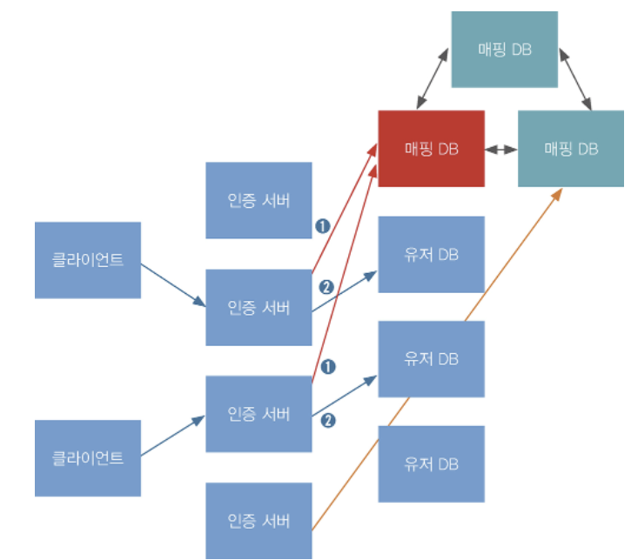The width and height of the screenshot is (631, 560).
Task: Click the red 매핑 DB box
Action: pos(431,149)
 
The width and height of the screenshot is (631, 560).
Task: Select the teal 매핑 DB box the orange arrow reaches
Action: pos(570,149)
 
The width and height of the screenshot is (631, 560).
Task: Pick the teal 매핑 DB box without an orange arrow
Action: pos(504,50)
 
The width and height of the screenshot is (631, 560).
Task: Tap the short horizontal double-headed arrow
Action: pos(500,150)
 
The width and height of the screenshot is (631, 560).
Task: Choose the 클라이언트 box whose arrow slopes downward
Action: pos(87,260)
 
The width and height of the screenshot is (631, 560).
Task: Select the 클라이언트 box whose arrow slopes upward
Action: pos(87,458)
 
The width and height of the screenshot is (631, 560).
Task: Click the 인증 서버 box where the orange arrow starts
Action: pos(258,521)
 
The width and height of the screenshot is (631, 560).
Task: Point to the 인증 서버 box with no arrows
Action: pos(258,200)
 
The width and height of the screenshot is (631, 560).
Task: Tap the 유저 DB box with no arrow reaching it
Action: pos(431,464)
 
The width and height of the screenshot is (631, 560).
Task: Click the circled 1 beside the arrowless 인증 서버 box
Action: pos(323,226)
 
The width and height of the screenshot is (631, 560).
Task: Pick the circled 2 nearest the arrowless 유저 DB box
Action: pos(328,421)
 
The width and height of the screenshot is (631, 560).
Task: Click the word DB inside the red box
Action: pos(448,149)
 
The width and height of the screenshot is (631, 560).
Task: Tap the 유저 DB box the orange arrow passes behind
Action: pos(431,359)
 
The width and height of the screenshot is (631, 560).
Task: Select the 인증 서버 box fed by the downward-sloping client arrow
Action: pos(258,308)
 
